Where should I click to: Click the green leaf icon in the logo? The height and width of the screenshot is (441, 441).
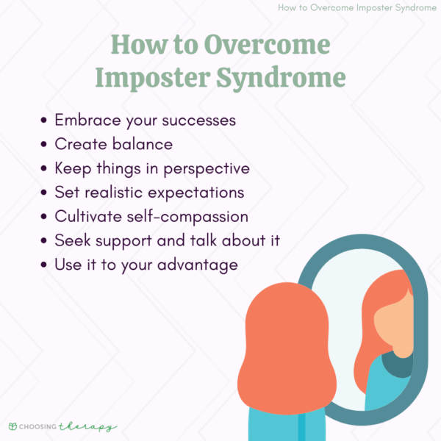point(12,426)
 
